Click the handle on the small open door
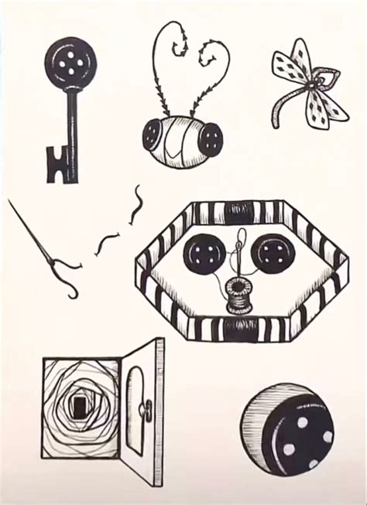[142, 406]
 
